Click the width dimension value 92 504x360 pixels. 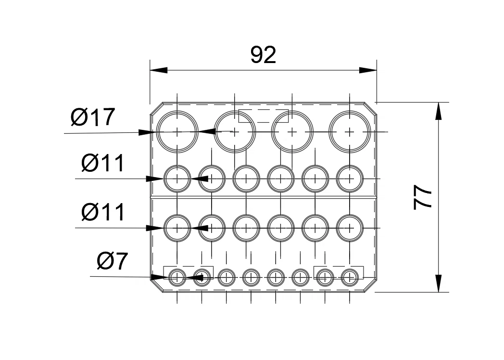(264, 55)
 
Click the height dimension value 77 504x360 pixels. (423, 198)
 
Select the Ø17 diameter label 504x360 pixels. (93, 117)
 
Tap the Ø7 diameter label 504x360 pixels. (112, 261)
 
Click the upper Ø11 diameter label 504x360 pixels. (103, 164)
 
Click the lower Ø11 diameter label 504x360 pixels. (103, 212)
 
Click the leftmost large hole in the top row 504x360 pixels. (178, 131)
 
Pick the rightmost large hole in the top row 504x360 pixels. (350, 131)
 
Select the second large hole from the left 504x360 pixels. (235, 131)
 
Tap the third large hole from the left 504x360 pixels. (292, 131)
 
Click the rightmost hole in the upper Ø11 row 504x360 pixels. (350, 179)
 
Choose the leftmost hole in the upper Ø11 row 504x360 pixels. (178, 179)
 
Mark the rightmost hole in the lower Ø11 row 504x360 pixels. (350, 228)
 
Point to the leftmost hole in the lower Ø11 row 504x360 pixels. (178, 228)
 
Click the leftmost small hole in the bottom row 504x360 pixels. (177, 277)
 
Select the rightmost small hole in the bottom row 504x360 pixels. (349, 277)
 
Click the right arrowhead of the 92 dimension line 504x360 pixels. (368, 70)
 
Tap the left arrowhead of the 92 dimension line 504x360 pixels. (158, 70)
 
